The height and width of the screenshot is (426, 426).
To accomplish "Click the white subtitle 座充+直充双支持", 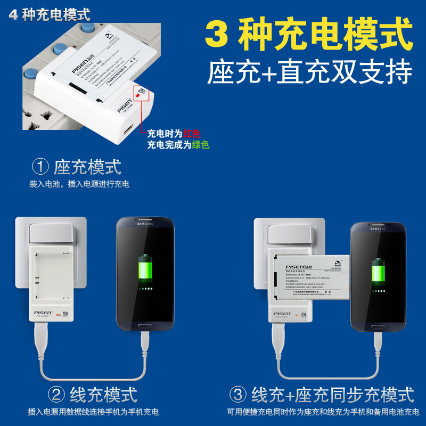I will (x=310, y=72).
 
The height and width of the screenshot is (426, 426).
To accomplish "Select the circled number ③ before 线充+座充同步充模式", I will (x=238, y=395).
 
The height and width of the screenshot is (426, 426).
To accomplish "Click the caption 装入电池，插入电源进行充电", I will (x=79, y=184).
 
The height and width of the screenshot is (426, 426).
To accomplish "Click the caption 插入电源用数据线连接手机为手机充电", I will (x=93, y=412).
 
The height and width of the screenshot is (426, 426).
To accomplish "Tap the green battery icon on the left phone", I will (x=144, y=272).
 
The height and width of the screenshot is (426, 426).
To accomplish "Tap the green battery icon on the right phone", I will (x=378, y=272).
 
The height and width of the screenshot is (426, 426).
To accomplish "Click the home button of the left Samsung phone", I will (x=145, y=327).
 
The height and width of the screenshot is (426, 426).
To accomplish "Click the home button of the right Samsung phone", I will (x=379, y=326).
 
